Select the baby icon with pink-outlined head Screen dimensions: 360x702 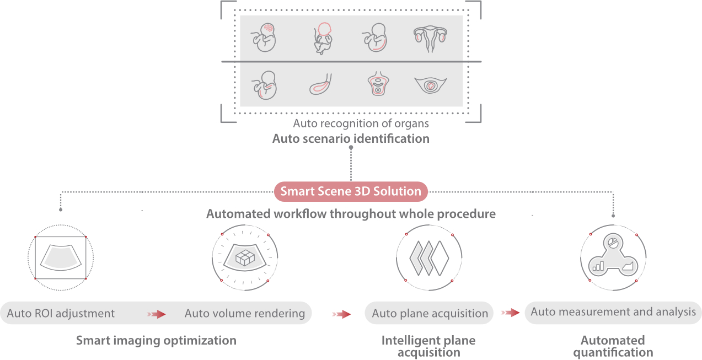323,37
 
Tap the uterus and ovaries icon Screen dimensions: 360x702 430,36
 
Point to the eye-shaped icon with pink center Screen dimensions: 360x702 430,86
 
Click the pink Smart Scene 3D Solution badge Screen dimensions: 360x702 351,191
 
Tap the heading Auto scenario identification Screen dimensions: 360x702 351,138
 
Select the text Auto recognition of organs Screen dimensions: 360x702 361,123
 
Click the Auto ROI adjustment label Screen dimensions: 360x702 61,313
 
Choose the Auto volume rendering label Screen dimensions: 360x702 245,313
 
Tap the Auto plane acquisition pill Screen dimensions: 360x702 430,313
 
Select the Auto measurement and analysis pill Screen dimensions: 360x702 613,312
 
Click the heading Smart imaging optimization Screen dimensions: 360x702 156,340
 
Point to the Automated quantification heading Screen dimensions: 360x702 613,346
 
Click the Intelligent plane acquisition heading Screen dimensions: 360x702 428,346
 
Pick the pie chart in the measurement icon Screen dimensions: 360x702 613,243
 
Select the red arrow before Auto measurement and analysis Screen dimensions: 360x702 511,313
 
